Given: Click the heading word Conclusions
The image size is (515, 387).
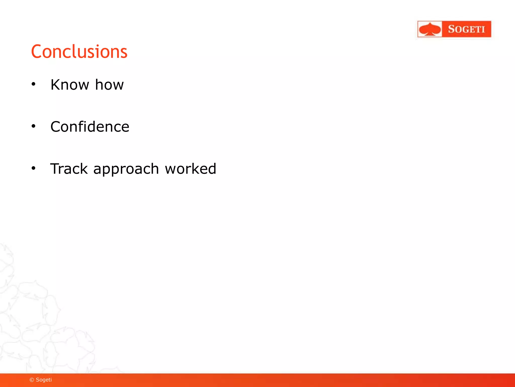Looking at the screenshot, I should (x=79, y=52).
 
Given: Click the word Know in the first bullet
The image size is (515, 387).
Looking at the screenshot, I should (x=70, y=85).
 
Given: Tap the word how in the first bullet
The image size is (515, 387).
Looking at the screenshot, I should (x=109, y=85).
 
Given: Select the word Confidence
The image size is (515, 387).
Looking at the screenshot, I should (x=90, y=126).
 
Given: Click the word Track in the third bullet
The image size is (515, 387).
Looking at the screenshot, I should (x=69, y=169).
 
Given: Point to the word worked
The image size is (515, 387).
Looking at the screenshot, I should (x=190, y=169).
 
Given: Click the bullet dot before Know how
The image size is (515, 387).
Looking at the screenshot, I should (x=33, y=84).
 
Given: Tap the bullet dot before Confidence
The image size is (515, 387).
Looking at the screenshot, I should (x=33, y=126).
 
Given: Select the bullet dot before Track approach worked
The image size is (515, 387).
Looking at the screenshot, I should (x=33, y=168).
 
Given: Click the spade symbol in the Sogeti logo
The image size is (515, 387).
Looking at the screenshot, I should (x=430, y=29).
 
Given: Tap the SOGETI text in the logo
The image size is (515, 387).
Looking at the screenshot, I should (x=466, y=29).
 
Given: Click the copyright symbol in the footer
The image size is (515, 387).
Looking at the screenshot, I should (x=32, y=380).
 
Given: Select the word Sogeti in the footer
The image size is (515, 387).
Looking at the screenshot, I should (x=44, y=380).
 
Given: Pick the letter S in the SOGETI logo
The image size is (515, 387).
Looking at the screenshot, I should (x=452, y=29).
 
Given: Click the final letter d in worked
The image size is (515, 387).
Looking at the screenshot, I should (x=211, y=169).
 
